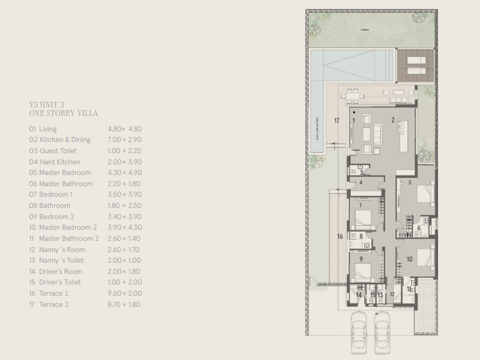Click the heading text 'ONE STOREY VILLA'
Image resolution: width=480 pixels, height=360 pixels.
(63, 113)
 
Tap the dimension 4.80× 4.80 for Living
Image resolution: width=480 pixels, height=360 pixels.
(124, 129)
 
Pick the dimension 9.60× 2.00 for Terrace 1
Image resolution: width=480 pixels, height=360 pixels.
(124, 293)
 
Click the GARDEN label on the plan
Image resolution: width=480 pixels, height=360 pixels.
(365, 30)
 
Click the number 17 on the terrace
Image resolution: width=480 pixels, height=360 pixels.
(337, 120)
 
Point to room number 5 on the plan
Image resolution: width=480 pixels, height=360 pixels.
(410, 182)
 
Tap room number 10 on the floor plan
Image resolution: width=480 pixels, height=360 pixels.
(409, 259)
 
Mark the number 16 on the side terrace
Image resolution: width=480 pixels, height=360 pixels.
(340, 236)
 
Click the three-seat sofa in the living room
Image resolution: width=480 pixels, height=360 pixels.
(377, 134)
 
